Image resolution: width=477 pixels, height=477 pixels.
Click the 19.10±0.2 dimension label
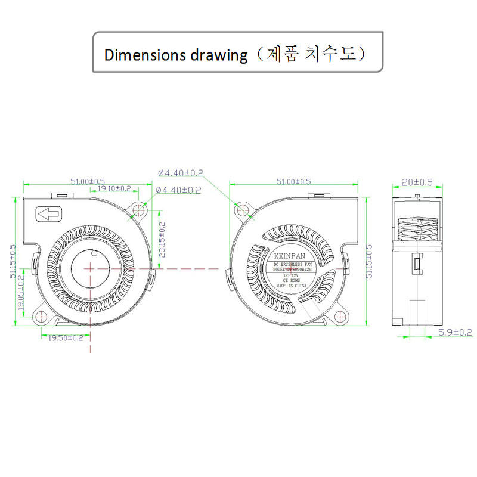(114, 188)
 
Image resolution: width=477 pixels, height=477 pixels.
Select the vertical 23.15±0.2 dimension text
(162, 240)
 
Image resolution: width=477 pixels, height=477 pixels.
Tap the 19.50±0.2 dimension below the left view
(61, 338)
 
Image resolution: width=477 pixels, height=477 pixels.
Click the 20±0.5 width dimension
(418, 182)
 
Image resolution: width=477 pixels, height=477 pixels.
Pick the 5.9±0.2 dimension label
(455, 332)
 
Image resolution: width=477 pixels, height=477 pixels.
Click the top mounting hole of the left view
(141, 209)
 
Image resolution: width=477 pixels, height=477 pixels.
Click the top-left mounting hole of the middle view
(242, 209)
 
